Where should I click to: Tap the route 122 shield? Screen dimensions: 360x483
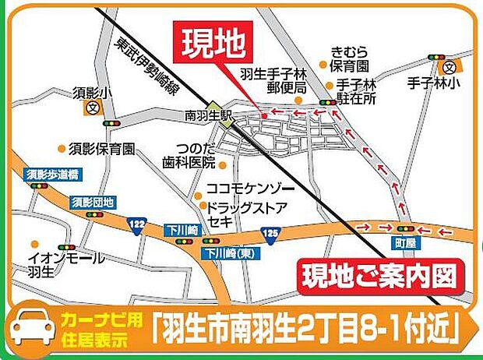[137, 224]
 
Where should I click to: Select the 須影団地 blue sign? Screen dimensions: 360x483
[92, 203]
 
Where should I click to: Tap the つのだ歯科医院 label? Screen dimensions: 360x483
[189, 157]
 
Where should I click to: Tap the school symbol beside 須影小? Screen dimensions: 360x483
[94, 108]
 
